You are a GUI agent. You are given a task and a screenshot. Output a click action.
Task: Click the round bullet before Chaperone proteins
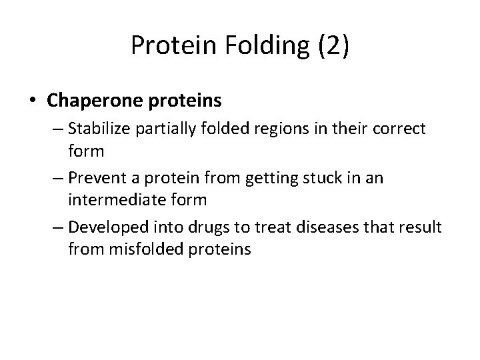click(x=33, y=101)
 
